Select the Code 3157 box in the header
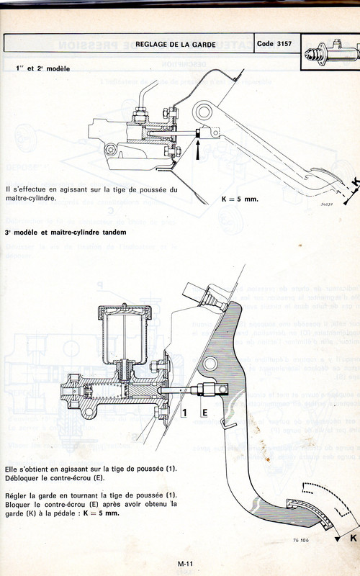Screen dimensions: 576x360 coord(278,44)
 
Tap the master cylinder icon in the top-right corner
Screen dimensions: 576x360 coord(332,53)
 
